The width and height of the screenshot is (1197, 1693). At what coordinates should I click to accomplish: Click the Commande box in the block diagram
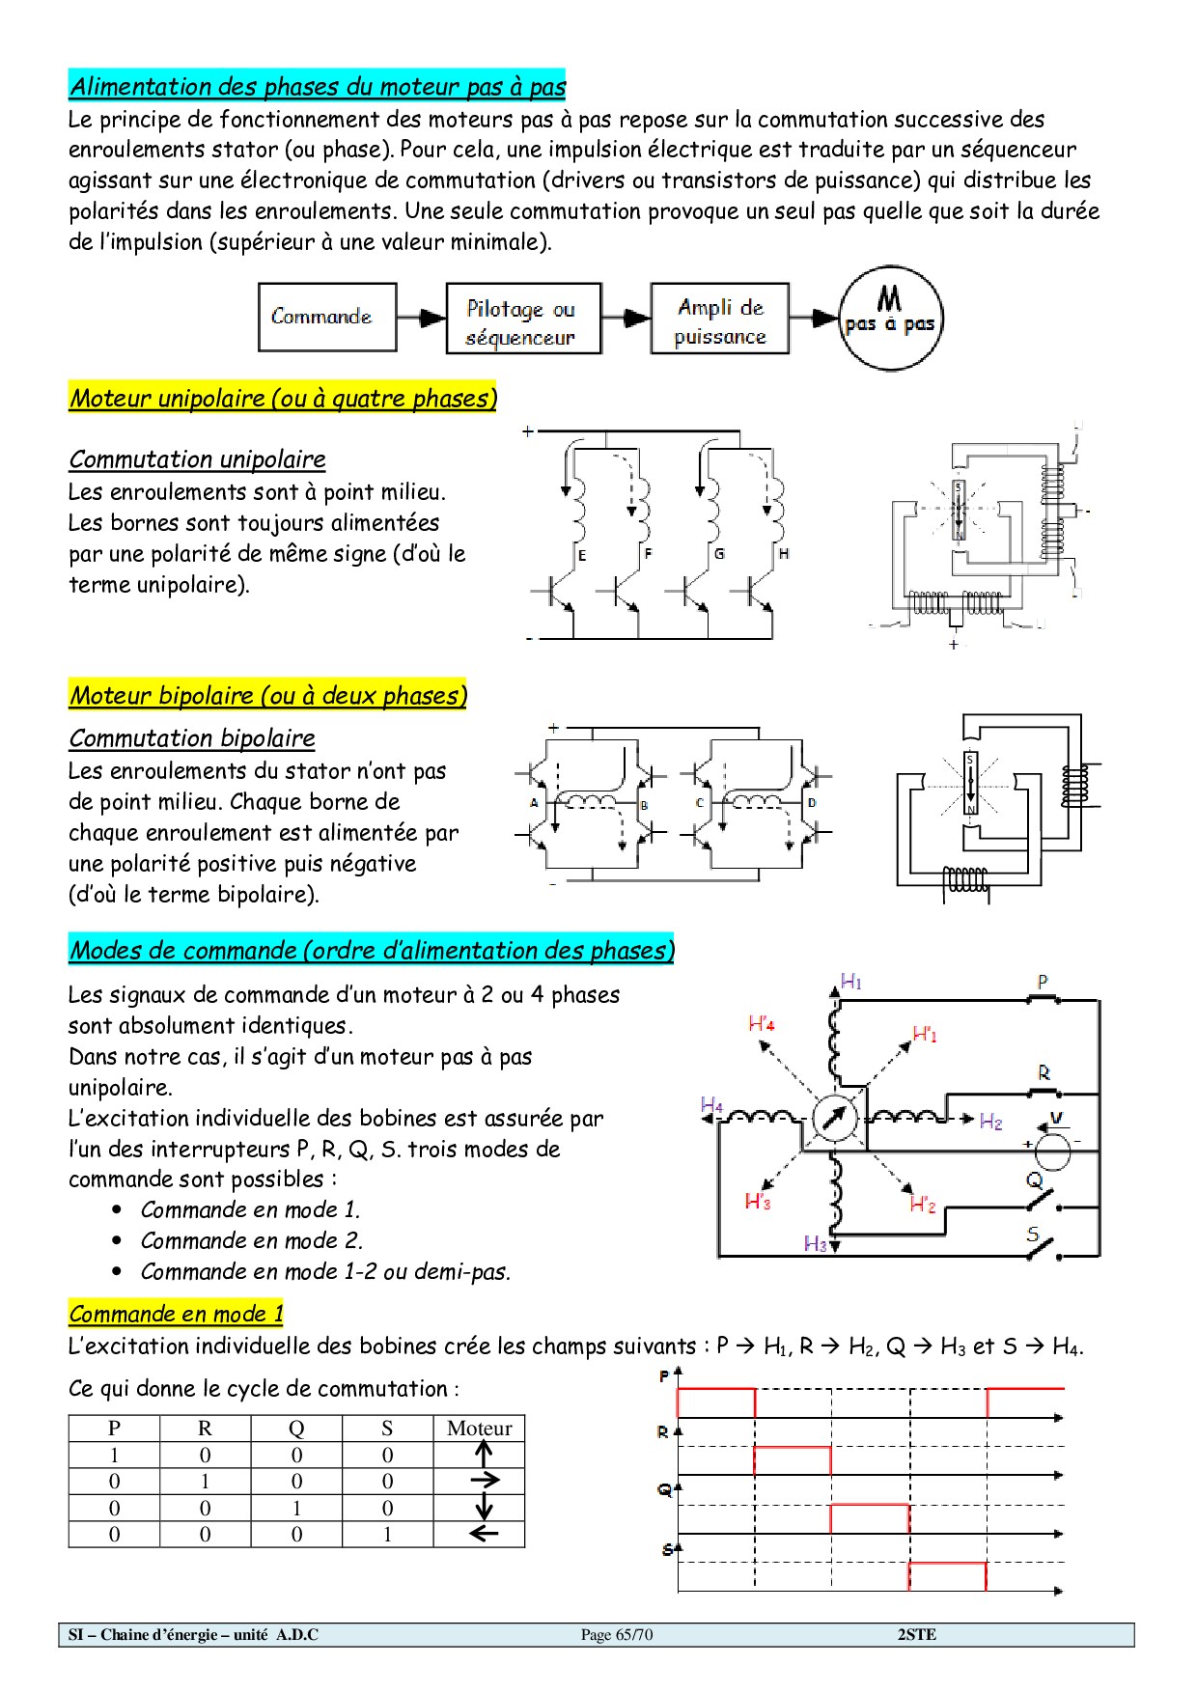point(327,317)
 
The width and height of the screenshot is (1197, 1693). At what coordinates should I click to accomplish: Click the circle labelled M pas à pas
point(889,318)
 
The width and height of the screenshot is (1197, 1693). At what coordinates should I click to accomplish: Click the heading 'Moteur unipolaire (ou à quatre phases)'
point(283,398)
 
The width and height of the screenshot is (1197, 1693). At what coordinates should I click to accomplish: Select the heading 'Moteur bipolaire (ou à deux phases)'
point(267,695)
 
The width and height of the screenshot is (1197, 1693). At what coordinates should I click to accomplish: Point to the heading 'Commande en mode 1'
point(176,1314)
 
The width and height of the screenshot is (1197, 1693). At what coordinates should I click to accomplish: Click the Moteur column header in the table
point(479,1429)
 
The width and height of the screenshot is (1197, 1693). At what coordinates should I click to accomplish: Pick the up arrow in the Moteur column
point(484,1455)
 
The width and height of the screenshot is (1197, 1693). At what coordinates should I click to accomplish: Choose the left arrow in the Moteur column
point(483,1534)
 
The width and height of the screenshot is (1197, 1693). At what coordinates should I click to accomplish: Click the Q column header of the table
point(296,1429)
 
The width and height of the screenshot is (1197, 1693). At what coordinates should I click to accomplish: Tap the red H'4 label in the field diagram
point(762,1023)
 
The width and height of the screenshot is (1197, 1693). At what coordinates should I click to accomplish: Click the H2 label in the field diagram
point(990,1122)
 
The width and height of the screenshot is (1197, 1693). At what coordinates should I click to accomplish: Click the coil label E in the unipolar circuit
point(582,555)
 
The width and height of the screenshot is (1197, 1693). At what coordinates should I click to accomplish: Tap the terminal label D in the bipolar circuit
point(812,803)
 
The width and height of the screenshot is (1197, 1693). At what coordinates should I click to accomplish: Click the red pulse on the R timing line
point(792,1459)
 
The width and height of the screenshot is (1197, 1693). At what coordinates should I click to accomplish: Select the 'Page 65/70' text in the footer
point(617,1634)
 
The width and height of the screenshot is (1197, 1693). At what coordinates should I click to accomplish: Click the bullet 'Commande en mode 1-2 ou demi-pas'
point(325,1271)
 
